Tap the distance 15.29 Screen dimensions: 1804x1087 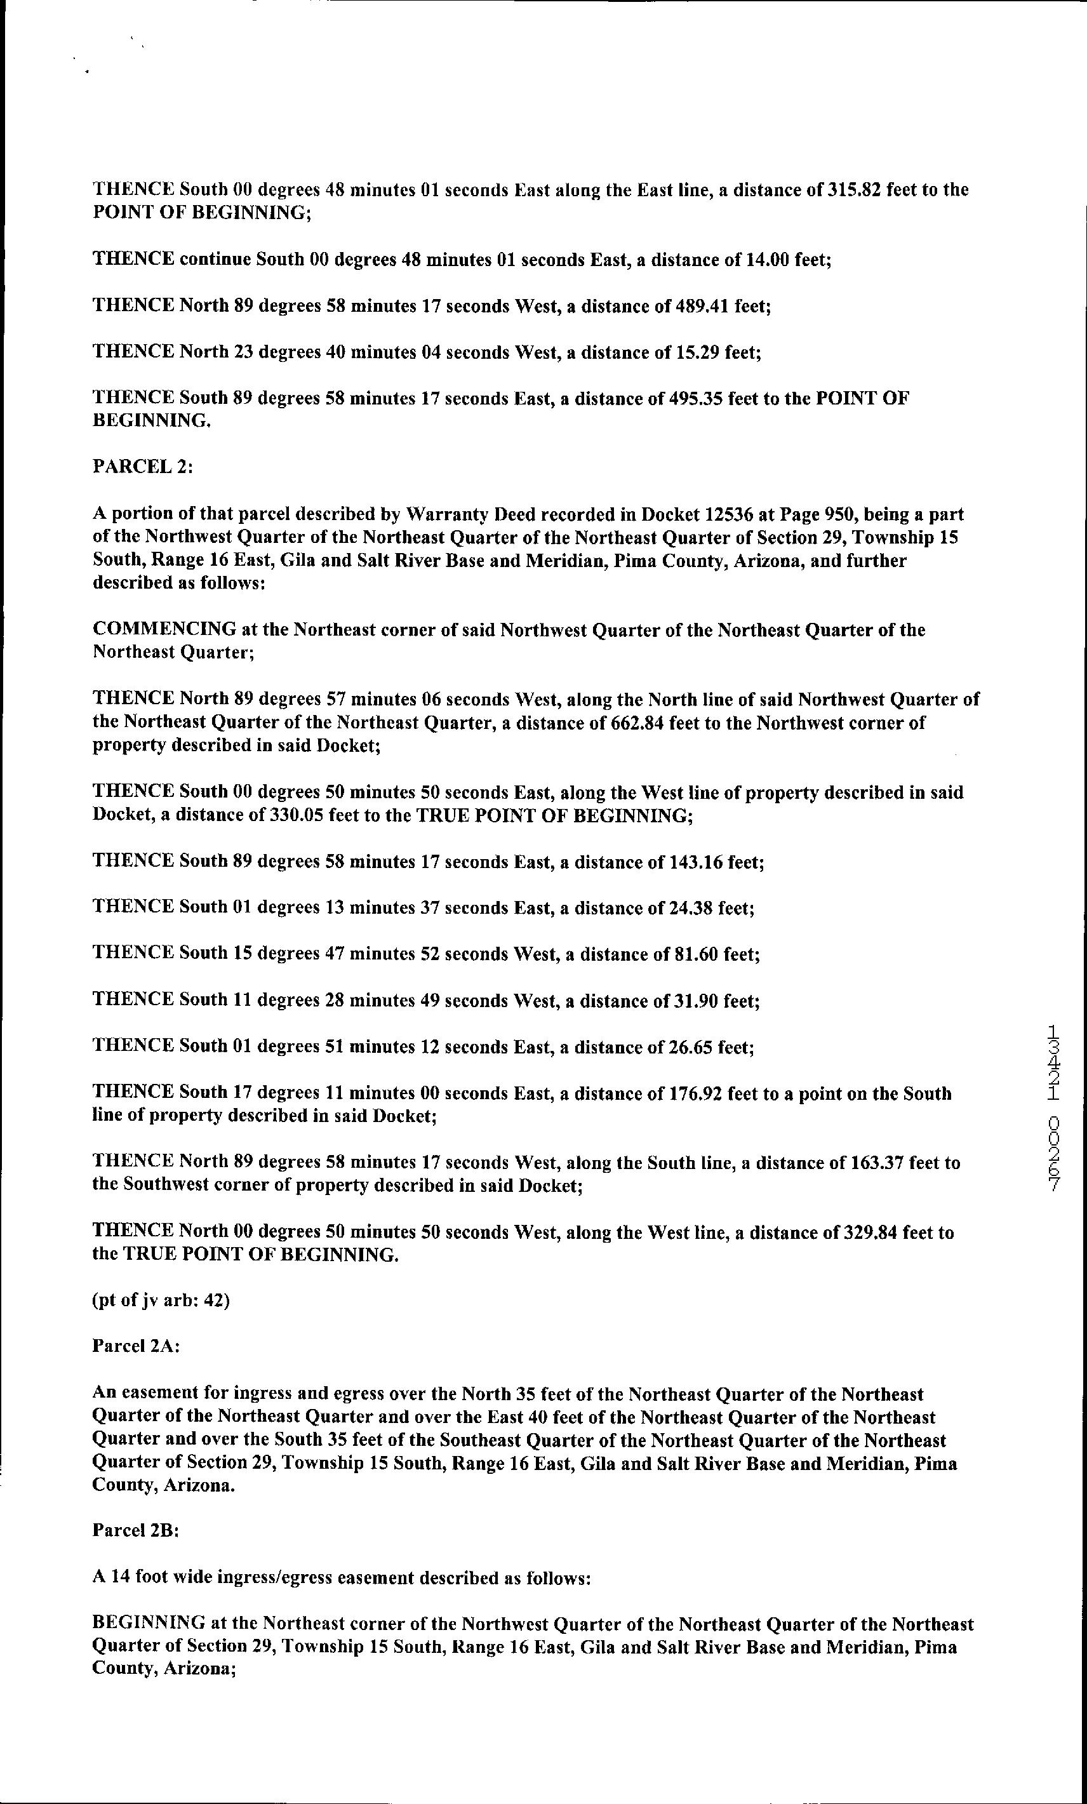[x=698, y=352]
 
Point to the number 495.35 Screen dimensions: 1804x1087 [x=695, y=398]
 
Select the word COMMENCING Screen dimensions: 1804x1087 [x=164, y=630]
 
